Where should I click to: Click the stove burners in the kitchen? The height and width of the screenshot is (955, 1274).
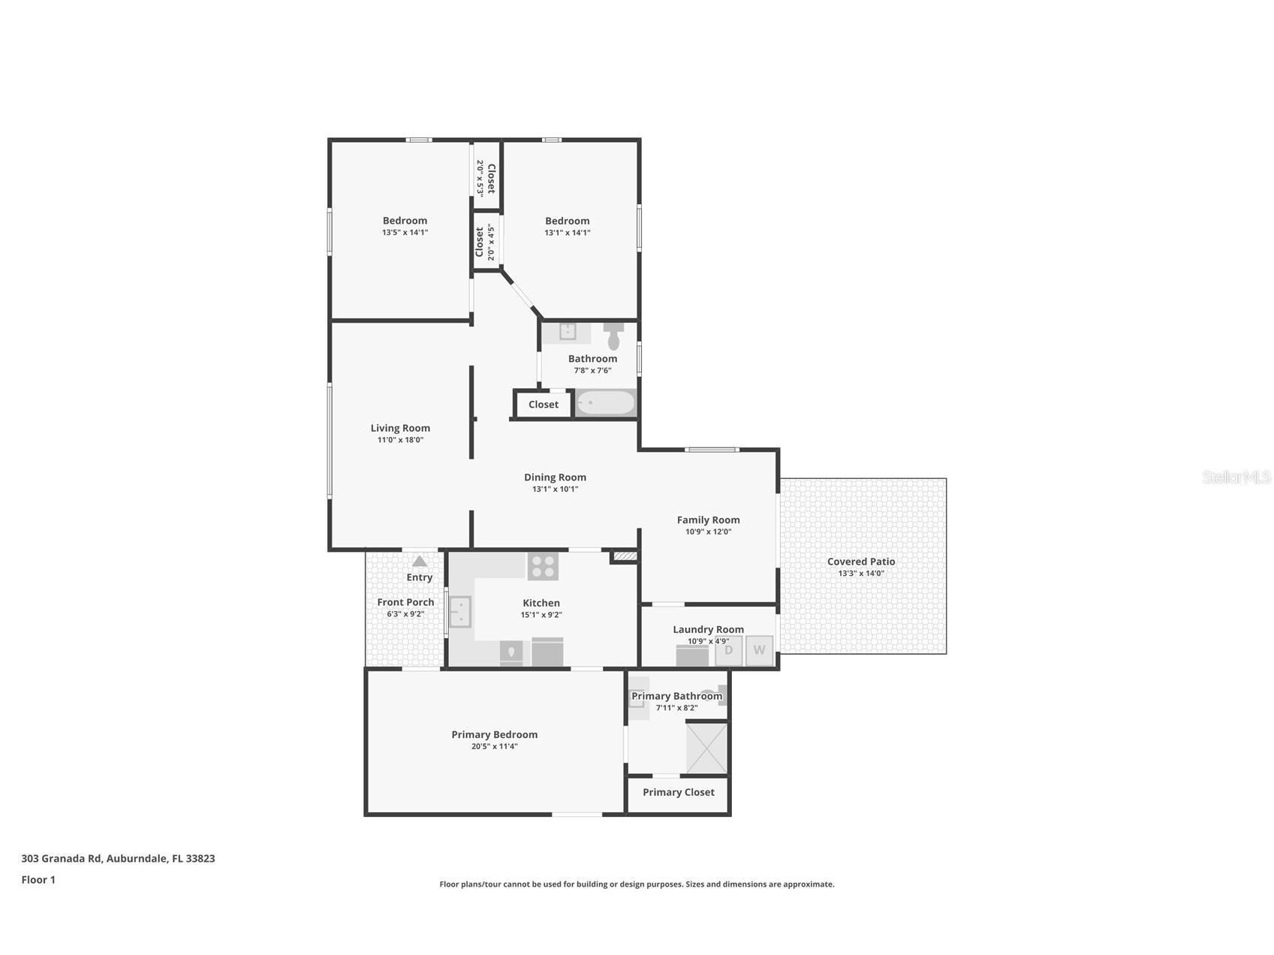[543, 566]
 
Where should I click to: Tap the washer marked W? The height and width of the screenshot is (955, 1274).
[759, 650]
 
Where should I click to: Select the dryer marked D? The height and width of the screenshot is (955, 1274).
[728, 650]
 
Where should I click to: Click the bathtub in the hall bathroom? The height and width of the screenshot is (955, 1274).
[605, 403]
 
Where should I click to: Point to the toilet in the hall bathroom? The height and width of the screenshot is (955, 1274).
[613, 336]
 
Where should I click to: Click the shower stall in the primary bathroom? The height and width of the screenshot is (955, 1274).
[706, 747]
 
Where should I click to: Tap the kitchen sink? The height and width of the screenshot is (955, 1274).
[459, 611]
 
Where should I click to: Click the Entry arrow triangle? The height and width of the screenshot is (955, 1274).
[420, 561]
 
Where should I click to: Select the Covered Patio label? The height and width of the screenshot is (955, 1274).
[861, 562]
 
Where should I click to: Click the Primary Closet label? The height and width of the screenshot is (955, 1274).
[679, 792]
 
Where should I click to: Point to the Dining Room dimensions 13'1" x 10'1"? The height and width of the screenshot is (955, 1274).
[556, 489]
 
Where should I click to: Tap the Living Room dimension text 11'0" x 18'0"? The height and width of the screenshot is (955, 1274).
[400, 440]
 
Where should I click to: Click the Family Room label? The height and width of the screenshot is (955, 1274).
[708, 520]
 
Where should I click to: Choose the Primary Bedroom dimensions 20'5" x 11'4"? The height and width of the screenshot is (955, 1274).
[495, 746]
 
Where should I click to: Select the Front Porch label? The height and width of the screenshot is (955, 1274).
[405, 602]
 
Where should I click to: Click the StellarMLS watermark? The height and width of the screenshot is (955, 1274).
[1236, 477]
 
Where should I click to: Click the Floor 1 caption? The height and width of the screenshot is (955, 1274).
[38, 879]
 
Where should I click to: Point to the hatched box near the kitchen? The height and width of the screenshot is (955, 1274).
[625, 556]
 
